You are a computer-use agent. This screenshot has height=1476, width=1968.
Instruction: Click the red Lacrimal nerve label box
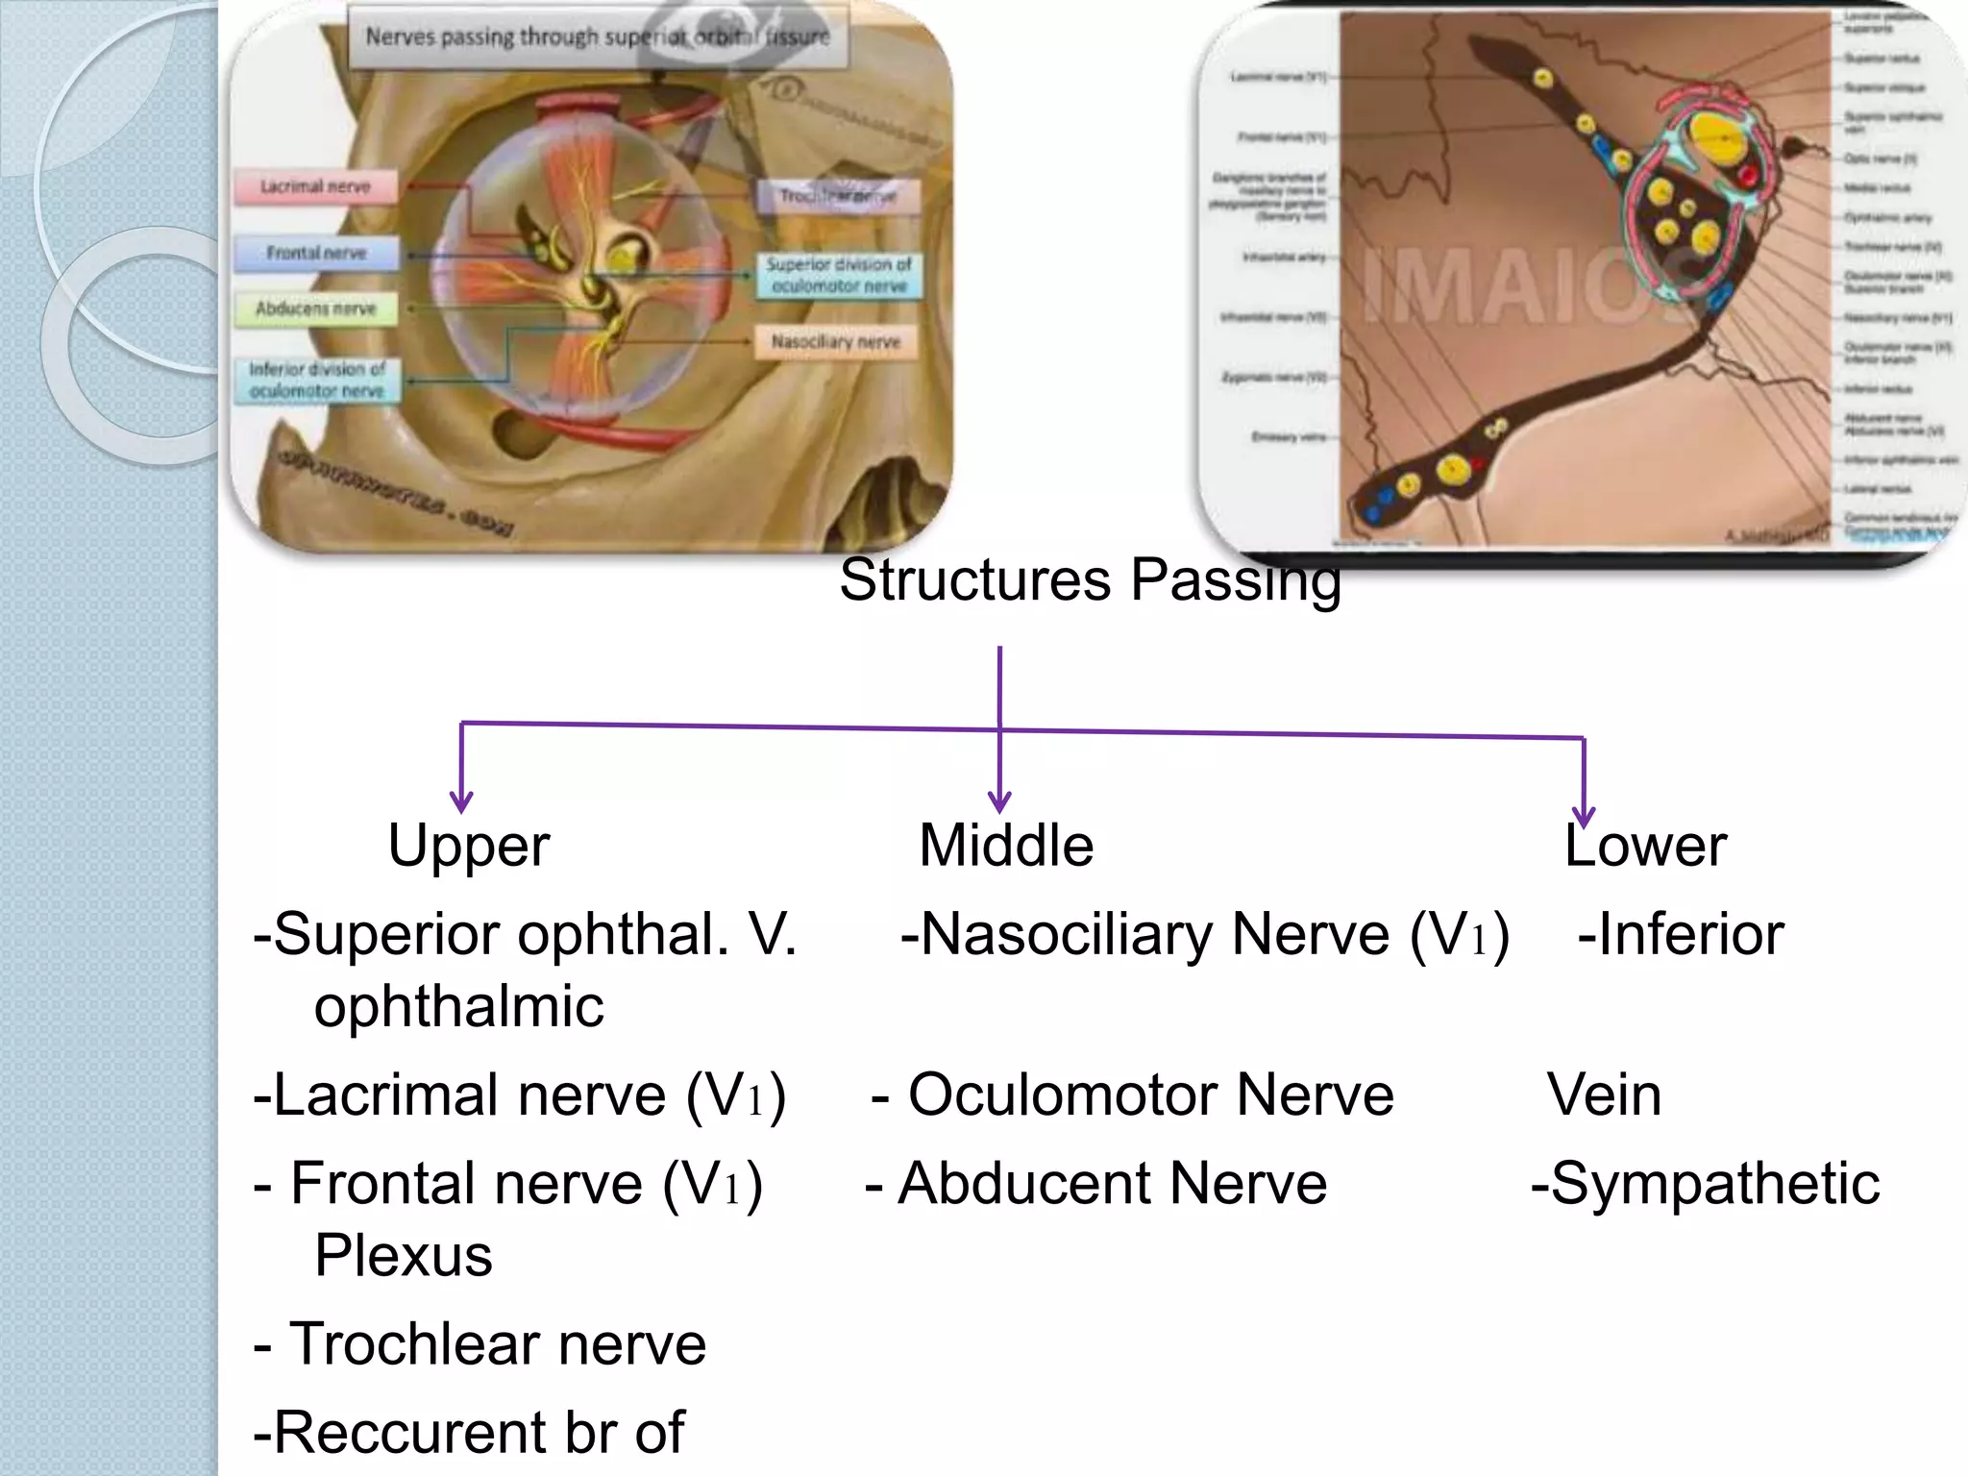point(316,186)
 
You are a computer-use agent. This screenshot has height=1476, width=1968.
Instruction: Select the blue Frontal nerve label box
point(316,253)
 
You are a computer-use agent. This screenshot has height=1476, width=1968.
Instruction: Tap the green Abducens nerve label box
point(316,308)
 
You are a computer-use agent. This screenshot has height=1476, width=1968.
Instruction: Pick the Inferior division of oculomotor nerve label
point(317,380)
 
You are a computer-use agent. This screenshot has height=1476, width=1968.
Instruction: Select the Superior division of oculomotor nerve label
point(838,275)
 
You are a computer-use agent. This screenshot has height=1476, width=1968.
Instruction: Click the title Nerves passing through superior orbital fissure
point(597,37)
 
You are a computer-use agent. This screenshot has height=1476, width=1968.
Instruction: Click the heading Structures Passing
point(1090,580)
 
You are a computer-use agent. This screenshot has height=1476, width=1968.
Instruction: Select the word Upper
point(469,846)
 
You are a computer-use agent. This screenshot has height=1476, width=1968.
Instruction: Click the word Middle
point(1006,846)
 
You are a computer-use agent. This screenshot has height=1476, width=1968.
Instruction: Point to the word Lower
point(1645,846)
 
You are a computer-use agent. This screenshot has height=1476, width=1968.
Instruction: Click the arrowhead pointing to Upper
point(461,801)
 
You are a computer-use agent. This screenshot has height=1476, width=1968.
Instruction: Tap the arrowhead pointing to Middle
point(999,801)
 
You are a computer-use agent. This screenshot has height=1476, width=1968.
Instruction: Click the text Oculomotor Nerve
point(1150,1095)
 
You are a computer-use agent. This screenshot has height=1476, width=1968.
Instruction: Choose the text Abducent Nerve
point(1112,1183)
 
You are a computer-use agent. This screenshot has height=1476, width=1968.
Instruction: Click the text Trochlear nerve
point(497,1343)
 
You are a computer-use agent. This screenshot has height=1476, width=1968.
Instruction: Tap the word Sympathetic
point(1714,1183)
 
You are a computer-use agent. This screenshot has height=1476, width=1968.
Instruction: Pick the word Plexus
point(404,1255)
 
